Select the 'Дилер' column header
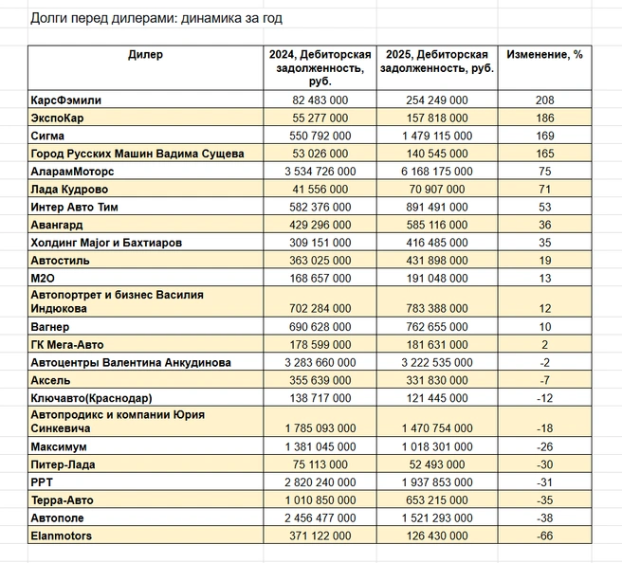coord(145,54)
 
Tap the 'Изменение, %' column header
coord(544,54)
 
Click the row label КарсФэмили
coord(65,100)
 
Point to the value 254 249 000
coord(437,100)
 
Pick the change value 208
coord(544,100)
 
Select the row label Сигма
coord(47,136)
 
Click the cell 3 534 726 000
coord(320,172)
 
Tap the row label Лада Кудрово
coord(69,190)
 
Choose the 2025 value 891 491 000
coord(437,208)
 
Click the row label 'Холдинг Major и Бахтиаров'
coord(106,243)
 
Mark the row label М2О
coord(43,279)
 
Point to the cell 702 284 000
coord(320,308)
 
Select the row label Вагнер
coord(50,327)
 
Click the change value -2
coord(544,363)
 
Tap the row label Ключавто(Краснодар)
coord(91,398)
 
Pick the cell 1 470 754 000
coord(437,428)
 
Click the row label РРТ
coord(42,482)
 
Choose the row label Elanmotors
coord(61,536)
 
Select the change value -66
coord(544,536)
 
